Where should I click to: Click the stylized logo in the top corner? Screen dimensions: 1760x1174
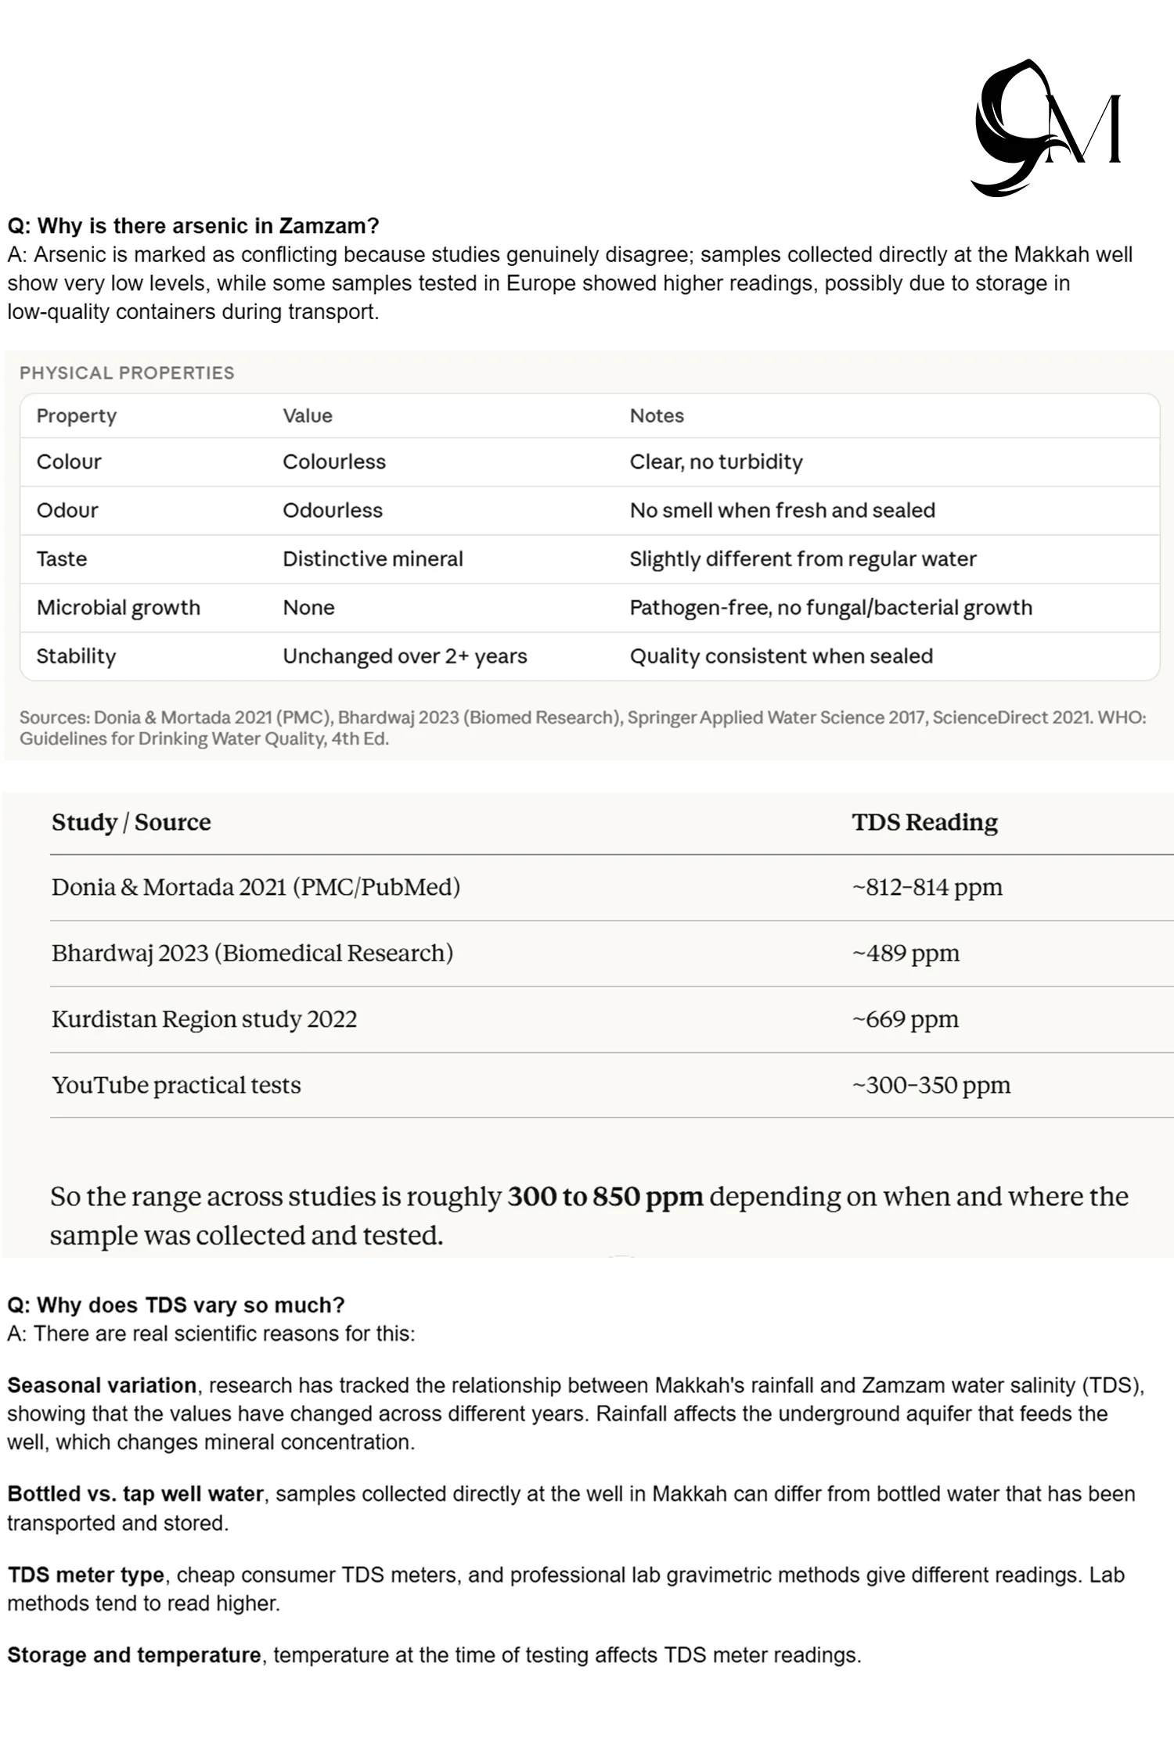click(x=1046, y=128)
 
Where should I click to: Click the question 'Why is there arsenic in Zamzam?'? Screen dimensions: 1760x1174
click(x=193, y=226)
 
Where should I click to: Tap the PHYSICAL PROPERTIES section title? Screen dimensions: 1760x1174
click(x=127, y=373)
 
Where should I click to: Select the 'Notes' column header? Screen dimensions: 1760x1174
click(x=657, y=415)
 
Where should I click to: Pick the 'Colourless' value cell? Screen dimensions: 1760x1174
click(x=334, y=462)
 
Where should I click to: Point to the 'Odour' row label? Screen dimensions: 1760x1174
click(x=67, y=510)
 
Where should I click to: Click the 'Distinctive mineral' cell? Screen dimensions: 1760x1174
click(x=373, y=559)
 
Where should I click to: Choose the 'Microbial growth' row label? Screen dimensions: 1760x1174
click(x=118, y=607)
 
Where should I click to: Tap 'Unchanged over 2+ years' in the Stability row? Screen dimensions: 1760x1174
click(x=405, y=656)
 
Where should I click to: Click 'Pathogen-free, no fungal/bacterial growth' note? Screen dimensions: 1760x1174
click(x=830, y=607)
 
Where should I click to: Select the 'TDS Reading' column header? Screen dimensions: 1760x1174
click(x=924, y=822)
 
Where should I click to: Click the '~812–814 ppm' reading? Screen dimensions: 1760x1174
click(x=927, y=887)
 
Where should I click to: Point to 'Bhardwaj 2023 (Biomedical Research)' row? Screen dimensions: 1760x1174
click(x=252, y=953)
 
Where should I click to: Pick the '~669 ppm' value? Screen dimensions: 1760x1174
click(x=905, y=1018)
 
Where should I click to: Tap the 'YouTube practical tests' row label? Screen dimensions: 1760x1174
click(x=176, y=1085)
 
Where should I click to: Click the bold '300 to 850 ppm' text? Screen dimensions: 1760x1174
click(x=605, y=1196)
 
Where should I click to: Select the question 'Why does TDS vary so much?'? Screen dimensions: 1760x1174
click(x=176, y=1305)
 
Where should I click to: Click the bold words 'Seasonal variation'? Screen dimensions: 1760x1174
click(x=102, y=1385)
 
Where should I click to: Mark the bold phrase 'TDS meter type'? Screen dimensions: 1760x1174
click(x=86, y=1575)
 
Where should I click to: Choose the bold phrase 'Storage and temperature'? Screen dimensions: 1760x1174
click(x=134, y=1655)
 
